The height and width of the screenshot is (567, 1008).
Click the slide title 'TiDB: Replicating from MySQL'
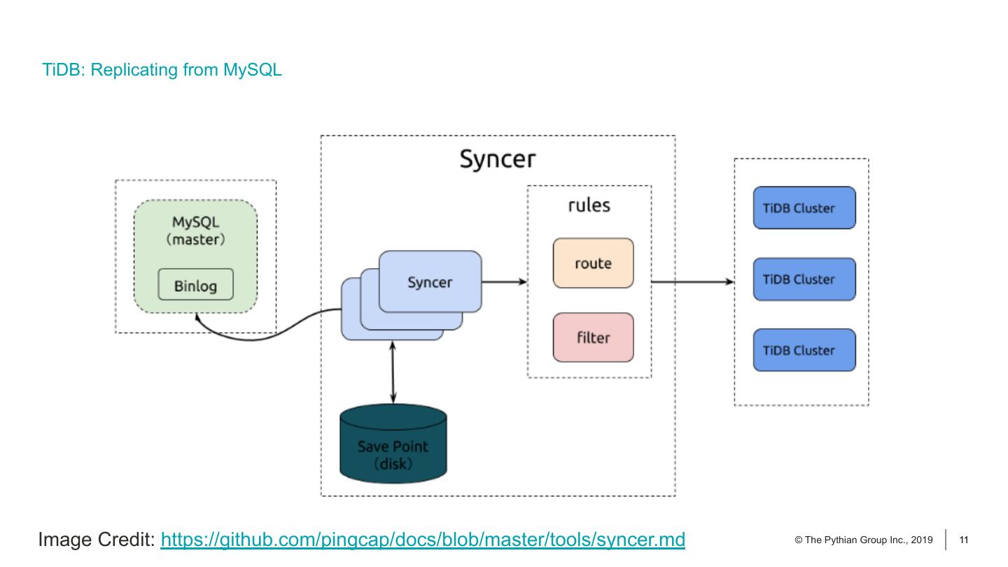click(x=162, y=70)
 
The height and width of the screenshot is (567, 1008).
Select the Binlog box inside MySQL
click(x=195, y=285)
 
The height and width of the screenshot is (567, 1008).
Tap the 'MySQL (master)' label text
click(x=195, y=230)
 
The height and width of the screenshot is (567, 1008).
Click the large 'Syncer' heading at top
click(x=497, y=159)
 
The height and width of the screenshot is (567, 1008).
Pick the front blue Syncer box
click(x=430, y=281)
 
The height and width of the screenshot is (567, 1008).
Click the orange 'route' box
click(x=593, y=263)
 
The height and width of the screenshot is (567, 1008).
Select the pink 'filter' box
click(x=593, y=337)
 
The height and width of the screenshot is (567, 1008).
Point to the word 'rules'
click(x=589, y=205)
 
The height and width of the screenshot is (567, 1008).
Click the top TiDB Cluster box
click(x=804, y=208)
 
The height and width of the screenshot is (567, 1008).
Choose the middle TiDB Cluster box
click(x=804, y=279)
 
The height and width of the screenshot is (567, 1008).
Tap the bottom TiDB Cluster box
click(x=804, y=350)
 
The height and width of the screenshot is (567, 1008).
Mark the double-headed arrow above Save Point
click(x=393, y=372)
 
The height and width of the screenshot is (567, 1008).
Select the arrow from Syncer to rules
click(x=504, y=281)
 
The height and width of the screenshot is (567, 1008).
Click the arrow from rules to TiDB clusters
click(x=692, y=281)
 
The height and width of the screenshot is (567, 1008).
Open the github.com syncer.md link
click(x=422, y=540)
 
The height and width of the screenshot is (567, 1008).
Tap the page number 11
click(x=964, y=540)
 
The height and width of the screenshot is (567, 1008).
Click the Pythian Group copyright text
click(x=864, y=540)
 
